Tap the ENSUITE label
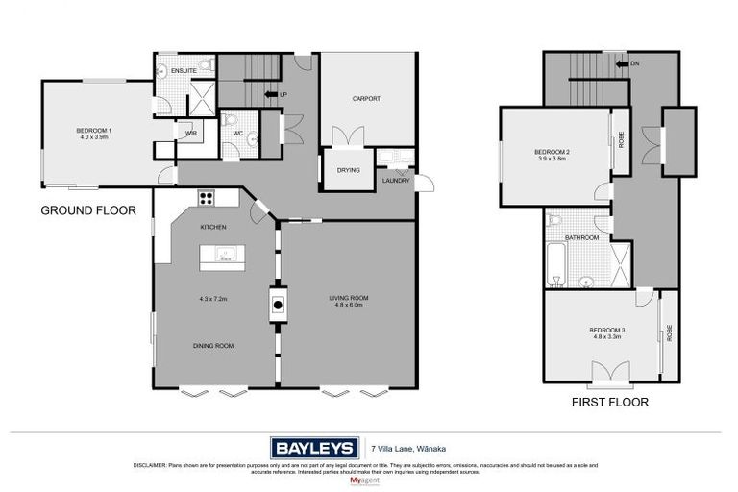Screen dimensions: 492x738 point(184,70)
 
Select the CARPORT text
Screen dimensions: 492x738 point(366,98)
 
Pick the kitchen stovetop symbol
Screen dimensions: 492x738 point(205,198)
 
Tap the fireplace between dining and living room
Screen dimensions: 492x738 point(278,306)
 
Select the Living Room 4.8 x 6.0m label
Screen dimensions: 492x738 point(349,302)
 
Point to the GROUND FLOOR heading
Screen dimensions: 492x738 point(87,209)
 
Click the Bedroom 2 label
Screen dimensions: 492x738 point(553,156)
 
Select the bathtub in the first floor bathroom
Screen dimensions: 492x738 point(555,266)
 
